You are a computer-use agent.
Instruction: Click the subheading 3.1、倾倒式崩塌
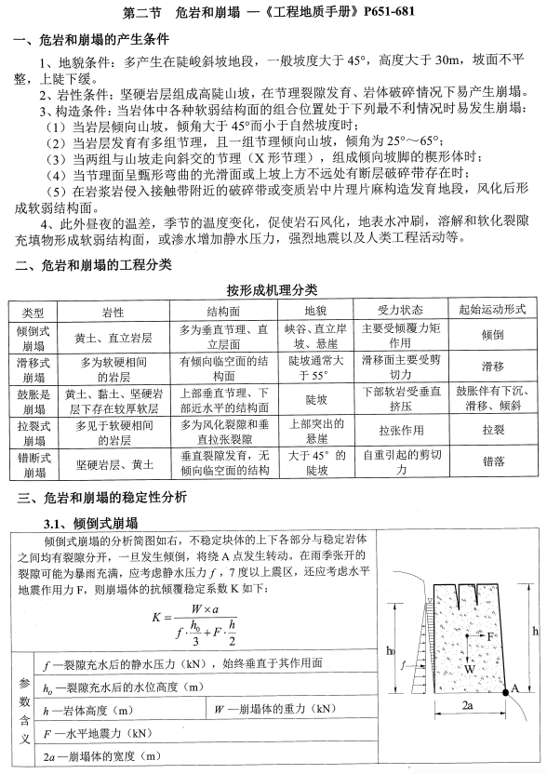[x=90, y=521]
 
